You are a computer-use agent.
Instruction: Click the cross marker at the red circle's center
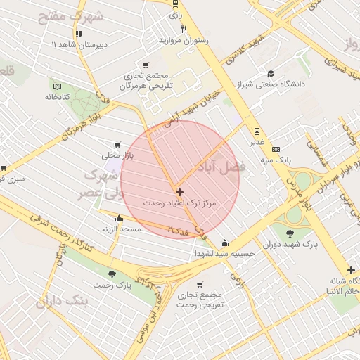[x=180, y=191]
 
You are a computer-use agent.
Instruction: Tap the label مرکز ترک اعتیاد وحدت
[x=180, y=202]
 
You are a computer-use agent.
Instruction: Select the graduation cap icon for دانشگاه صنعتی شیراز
[x=270, y=73]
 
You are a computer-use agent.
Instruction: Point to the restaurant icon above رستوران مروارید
[x=184, y=30]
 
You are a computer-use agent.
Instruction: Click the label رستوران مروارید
[x=184, y=41]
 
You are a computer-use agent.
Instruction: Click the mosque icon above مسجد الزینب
[x=118, y=218]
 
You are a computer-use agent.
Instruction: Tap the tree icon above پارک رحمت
[x=112, y=274]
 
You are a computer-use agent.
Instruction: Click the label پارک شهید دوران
[x=291, y=245]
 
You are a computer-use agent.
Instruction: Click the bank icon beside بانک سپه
[x=276, y=149]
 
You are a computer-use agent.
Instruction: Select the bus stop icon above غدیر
[x=257, y=131]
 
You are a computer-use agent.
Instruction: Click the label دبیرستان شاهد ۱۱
[x=77, y=44]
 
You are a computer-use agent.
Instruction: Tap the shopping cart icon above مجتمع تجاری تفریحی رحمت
[x=200, y=285]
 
